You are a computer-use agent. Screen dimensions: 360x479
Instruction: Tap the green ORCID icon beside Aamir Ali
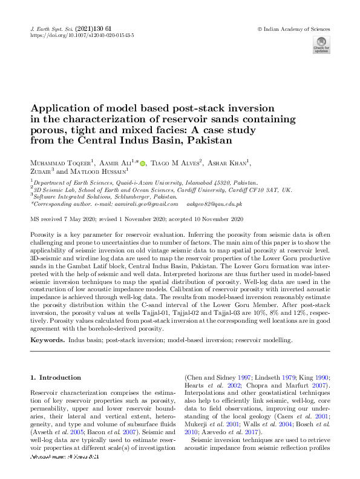[x=143, y=163]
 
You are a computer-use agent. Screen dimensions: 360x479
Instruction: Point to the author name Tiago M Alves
[x=175, y=163]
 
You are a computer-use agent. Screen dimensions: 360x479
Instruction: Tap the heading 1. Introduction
[x=55, y=378]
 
